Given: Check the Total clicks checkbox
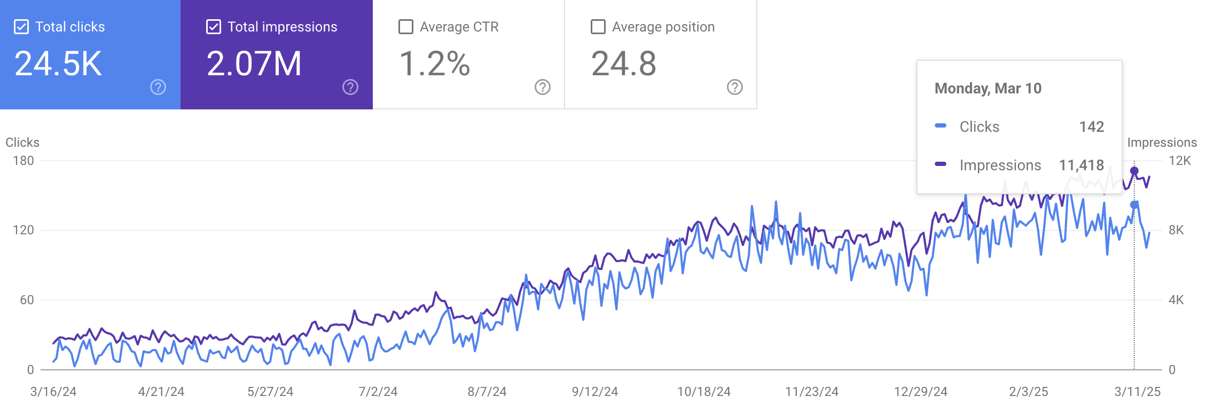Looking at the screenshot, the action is (21, 27).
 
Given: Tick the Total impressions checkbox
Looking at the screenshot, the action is (214, 27).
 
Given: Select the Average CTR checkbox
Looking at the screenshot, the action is (406, 27).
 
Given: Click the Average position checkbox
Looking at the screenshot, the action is (598, 27).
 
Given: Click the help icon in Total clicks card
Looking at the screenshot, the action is (158, 87).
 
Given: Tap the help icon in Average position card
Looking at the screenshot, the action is (735, 87).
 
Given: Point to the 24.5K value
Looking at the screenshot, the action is (58, 64).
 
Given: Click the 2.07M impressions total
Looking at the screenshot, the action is (254, 64).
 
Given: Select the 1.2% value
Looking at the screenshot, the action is (435, 64).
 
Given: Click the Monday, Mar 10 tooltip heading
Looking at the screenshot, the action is (988, 88).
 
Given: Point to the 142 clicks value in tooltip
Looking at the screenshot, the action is (1092, 126).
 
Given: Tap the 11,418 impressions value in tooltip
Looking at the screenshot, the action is (1082, 165).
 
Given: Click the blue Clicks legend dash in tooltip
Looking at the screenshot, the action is (941, 126).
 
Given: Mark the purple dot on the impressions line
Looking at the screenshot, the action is (1134, 171).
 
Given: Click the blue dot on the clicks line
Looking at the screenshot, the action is (1134, 205).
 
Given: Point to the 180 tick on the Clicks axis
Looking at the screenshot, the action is (24, 161).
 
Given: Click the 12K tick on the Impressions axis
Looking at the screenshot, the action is (1180, 161).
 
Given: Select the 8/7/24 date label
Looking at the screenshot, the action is (487, 392).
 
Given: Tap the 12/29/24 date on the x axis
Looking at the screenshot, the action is (921, 392).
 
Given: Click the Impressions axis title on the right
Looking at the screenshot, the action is (1162, 142).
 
